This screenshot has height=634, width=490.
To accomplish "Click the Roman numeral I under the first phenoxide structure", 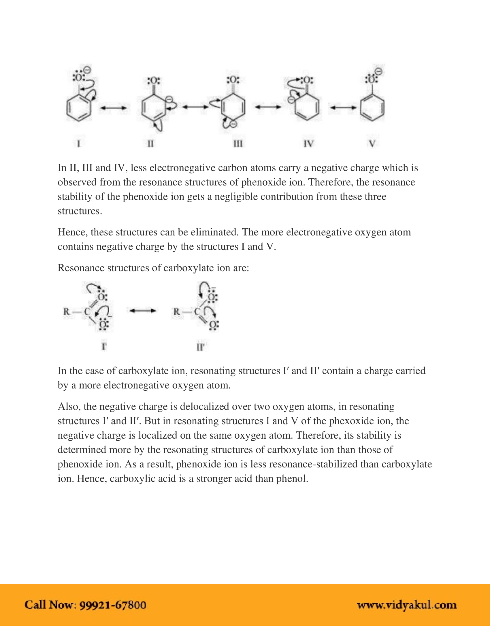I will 78,144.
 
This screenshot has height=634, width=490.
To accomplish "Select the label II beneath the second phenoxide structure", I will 150,144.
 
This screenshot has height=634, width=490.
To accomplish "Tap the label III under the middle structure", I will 238,144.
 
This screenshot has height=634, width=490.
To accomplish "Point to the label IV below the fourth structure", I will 308,144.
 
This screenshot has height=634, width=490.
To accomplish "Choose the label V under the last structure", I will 372,144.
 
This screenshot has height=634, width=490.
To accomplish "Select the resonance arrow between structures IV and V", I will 343,108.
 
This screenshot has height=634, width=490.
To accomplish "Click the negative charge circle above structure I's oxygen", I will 87,70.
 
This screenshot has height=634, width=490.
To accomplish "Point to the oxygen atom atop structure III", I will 233,80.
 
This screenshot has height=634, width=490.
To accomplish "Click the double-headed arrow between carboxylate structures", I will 142,311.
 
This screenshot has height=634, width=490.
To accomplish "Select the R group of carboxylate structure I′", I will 67,312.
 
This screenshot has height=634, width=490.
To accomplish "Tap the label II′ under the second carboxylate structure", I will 200,347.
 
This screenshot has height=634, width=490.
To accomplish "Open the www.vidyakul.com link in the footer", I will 406,605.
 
